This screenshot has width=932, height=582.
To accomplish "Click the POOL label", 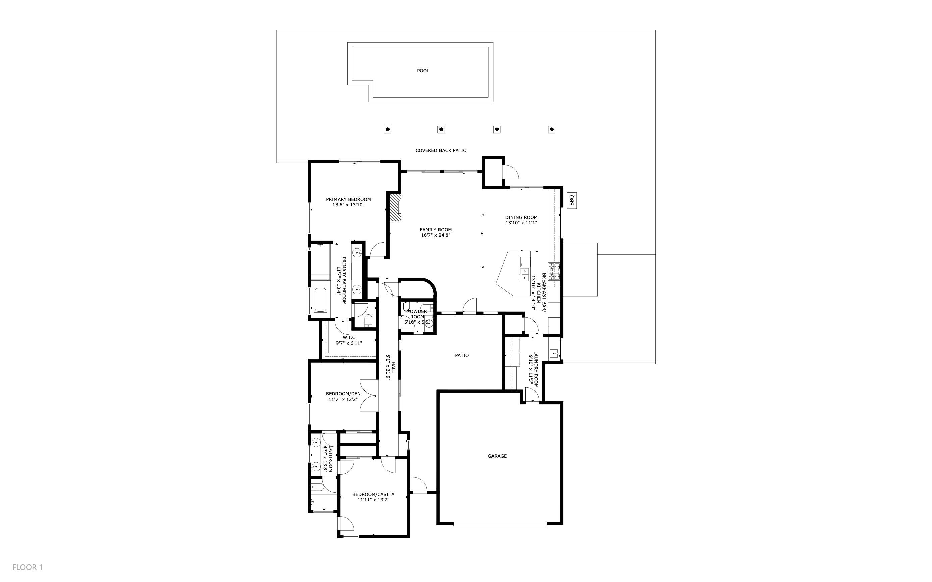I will coord(423,71).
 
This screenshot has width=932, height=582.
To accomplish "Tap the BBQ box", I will coord(572,201).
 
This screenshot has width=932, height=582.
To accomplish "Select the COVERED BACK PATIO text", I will coord(441,150).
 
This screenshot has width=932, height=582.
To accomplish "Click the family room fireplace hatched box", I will coord(395,207).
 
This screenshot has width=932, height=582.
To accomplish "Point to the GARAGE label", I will coord(497,456).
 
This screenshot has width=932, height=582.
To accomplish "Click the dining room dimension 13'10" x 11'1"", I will coord(521,223).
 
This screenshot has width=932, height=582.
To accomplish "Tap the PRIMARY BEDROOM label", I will coord(348,199).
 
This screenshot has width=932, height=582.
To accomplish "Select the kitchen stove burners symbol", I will coord(554,271).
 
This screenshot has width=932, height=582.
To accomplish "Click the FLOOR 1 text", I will coord(27,567).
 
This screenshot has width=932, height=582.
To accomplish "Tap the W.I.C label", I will coord(349,337).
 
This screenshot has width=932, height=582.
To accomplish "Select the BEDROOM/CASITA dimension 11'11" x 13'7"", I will coord(373,500).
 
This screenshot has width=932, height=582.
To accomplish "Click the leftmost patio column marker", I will coord(387,130).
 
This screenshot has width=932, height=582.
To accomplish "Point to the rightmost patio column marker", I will coord(551,130).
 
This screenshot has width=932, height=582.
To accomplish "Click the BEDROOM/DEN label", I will coord(343,394).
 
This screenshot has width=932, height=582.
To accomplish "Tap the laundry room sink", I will coord(555,353).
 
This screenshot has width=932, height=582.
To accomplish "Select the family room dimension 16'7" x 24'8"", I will coord(435,235).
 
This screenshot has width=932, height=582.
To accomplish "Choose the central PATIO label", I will coord(462,355).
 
